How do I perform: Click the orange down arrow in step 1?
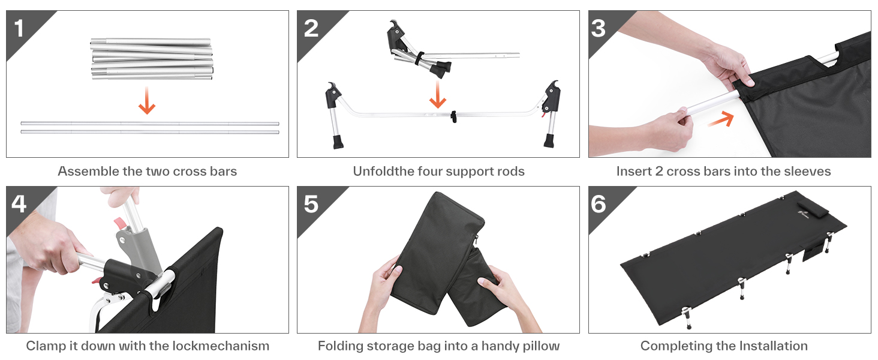pyautogui.click(x=147, y=101)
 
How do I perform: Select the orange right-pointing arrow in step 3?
pyautogui.click(x=721, y=120)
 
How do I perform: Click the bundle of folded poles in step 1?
pyautogui.click(x=152, y=59)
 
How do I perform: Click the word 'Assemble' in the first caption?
pyautogui.click(x=88, y=172)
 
